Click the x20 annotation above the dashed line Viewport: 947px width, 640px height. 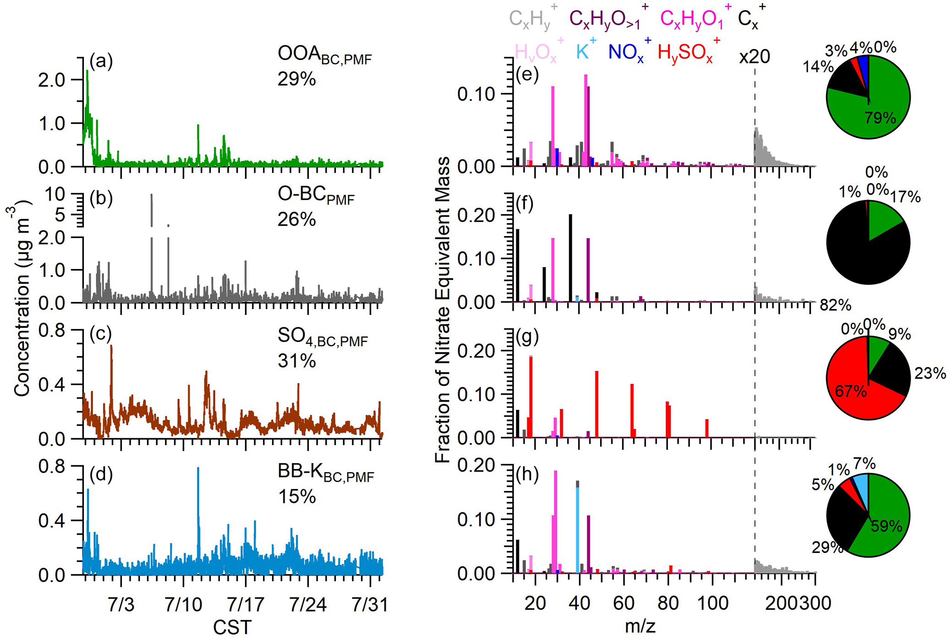[754, 56]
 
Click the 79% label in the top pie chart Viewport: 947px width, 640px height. [880, 118]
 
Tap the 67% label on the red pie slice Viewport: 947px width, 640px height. [851, 391]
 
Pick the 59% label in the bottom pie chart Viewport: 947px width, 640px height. [886, 525]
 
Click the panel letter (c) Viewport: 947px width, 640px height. [101, 334]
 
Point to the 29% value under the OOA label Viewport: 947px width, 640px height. [296, 79]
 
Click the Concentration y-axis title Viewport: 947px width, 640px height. [22, 300]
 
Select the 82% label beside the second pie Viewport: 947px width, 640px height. [836, 305]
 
